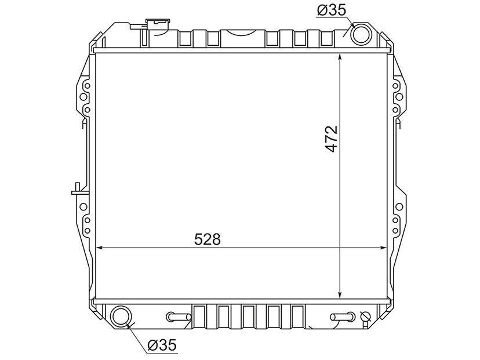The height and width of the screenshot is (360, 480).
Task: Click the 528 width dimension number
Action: [x=207, y=239]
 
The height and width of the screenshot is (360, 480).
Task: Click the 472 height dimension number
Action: [x=331, y=139]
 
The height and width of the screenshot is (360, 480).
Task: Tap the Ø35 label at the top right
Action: [x=332, y=10]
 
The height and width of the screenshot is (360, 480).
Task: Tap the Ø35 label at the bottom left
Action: [x=162, y=346]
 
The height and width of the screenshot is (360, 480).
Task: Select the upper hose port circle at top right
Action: [x=361, y=34]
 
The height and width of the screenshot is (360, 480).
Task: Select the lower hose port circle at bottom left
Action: [x=121, y=317]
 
